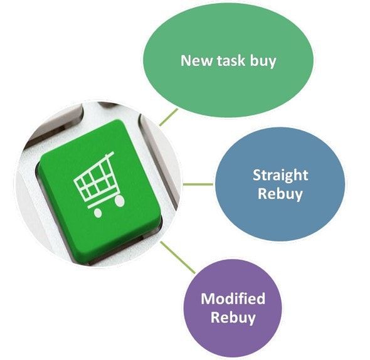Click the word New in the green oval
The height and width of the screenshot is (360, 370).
coord(196,60)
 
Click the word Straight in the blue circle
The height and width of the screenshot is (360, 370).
coord(280,176)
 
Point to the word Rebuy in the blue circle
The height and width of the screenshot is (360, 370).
coord(280,194)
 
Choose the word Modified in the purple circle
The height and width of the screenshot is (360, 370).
coord(233,299)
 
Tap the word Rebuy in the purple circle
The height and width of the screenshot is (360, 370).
coord(233,317)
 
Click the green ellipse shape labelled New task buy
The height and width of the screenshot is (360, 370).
coord(228,60)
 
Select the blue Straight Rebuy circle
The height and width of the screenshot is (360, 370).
coord(280,184)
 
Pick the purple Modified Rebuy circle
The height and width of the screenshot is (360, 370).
coord(233,308)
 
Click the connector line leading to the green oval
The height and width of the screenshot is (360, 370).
coord(169,117)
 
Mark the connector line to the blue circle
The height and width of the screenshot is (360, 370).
coord(198,184)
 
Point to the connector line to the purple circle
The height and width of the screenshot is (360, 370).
coord(178,258)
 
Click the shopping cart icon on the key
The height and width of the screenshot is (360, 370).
coord(99,184)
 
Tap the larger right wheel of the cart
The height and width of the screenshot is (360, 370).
coord(120,201)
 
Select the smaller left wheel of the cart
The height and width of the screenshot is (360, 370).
coord(98,213)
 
